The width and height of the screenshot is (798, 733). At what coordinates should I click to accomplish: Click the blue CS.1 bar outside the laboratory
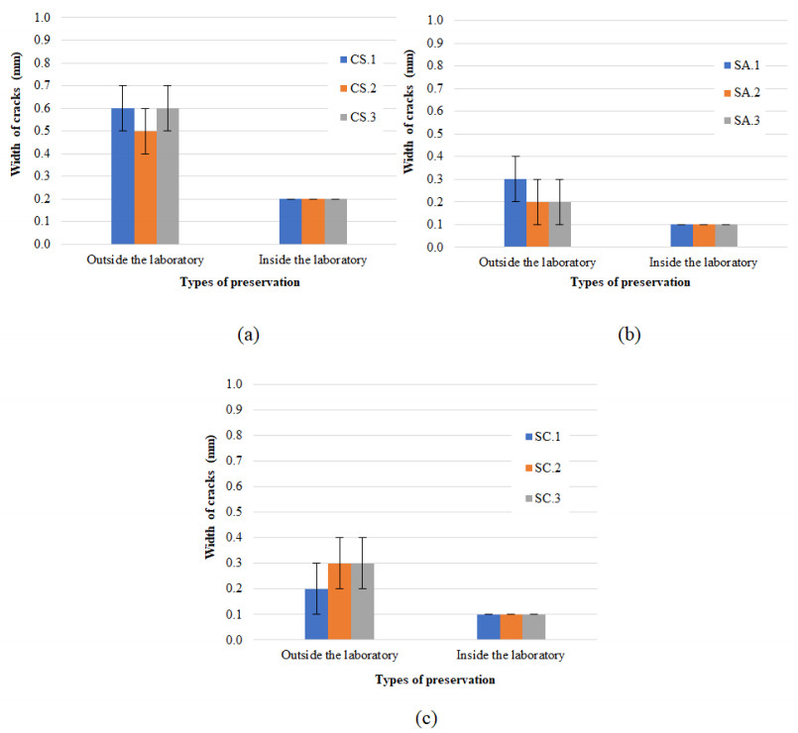pyautogui.click(x=122, y=176)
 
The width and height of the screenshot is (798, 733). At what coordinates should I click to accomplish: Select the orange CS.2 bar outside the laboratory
pyautogui.click(x=145, y=187)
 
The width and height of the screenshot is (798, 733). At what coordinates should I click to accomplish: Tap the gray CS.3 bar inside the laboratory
pyautogui.click(x=336, y=221)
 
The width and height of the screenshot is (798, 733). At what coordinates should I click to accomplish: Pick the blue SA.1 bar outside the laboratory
pyautogui.click(x=515, y=213)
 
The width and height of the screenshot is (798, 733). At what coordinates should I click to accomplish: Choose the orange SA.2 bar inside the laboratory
pyautogui.click(x=704, y=236)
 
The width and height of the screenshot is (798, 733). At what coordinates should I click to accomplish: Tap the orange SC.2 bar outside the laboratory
pyautogui.click(x=339, y=602)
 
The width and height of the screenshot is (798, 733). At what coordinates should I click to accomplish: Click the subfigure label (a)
pyautogui.click(x=248, y=334)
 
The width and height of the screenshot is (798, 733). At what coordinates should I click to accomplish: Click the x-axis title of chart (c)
pyautogui.click(x=435, y=680)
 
